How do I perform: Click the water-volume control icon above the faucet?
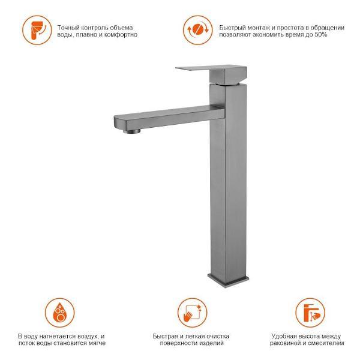[37, 31]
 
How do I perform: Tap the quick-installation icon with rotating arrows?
[197, 31]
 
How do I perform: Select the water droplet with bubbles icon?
[59, 313]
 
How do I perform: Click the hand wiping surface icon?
[193, 313]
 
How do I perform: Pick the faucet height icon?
[310, 313]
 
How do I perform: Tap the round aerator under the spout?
[132, 131]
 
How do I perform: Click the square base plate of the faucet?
[228, 281]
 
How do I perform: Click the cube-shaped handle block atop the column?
[228, 76]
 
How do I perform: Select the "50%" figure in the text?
[320, 35]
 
